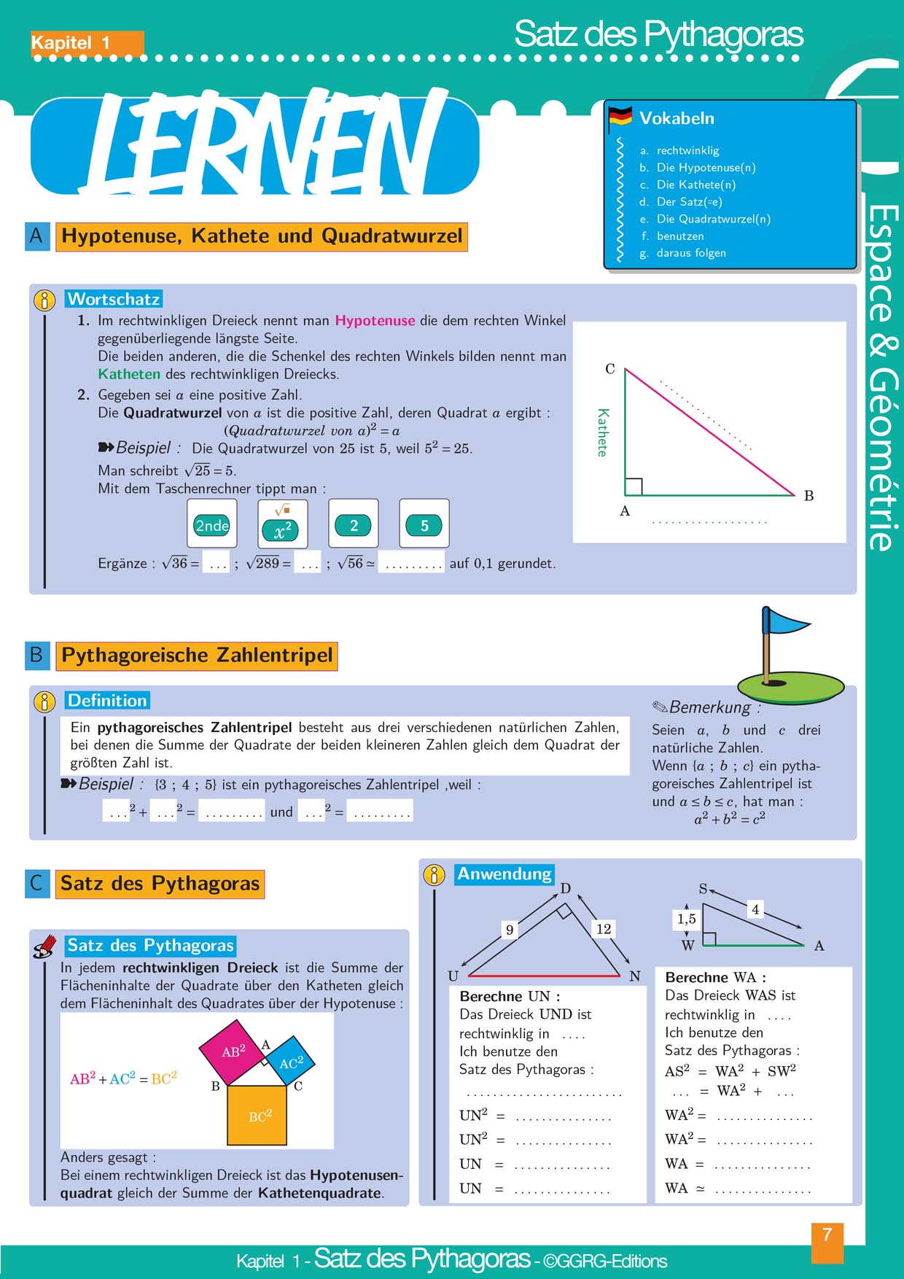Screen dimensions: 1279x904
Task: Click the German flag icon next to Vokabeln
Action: [620, 116]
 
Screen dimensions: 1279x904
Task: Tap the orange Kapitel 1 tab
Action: [86, 43]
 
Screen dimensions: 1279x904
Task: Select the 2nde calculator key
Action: [212, 524]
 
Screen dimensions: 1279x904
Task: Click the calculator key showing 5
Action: [424, 524]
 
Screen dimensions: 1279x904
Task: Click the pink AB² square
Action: [233, 1051]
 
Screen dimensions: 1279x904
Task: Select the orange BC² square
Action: [259, 1115]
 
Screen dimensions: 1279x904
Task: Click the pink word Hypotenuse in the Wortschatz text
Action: [375, 320]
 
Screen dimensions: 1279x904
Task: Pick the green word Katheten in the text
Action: [129, 374]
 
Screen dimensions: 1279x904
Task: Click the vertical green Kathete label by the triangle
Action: [602, 432]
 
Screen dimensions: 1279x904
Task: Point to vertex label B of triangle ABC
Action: [808, 496]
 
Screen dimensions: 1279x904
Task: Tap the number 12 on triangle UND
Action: [604, 928]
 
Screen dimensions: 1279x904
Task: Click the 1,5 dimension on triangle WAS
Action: [687, 919]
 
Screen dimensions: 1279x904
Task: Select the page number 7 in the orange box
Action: [827, 1235]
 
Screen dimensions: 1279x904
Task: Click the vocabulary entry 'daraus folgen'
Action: [690, 253]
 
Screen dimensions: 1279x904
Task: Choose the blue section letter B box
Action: [37, 655]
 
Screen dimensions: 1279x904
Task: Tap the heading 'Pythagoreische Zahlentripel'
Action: [197, 655]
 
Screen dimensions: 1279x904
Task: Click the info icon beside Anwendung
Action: [434, 875]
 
